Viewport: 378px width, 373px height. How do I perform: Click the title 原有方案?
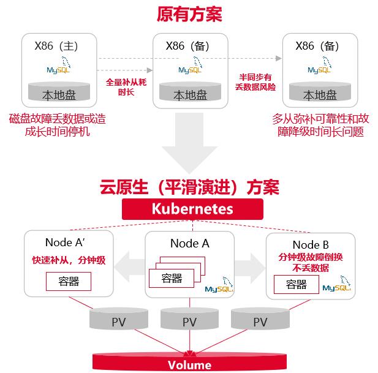pyautogui.click(x=189, y=13)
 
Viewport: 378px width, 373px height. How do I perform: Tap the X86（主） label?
pyautogui.click(x=58, y=46)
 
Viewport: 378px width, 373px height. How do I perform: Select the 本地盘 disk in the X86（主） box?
pyautogui.click(x=59, y=94)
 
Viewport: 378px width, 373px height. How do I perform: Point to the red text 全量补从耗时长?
pyautogui.click(x=126, y=86)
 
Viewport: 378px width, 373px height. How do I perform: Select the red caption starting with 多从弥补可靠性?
pyautogui.click(x=320, y=124)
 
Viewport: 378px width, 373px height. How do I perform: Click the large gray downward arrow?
pyautogui.click(x=189, y=146)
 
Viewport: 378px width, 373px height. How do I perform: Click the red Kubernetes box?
pyautogui.click(x=189, y=209)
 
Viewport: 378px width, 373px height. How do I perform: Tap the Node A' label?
pyautogui.click(x=69, y=243)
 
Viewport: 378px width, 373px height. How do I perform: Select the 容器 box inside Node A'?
pyautogui.click(x=68, y=281)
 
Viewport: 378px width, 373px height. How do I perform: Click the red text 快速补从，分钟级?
pyautogui.click(x=69, y=260)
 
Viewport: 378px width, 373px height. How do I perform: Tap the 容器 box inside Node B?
pyautogui.click(x=296, y=284)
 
